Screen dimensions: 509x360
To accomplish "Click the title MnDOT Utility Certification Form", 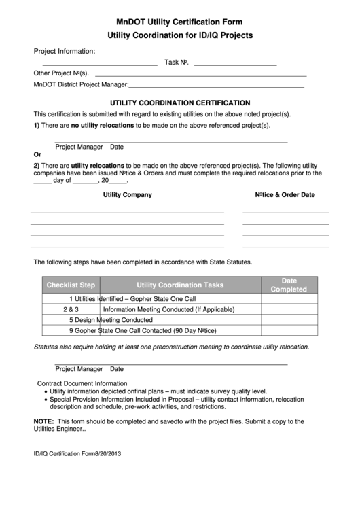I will pyautogui.click(x=179, y=22).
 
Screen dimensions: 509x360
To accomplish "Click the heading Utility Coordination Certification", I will pyautogui.click(x=179, y=102).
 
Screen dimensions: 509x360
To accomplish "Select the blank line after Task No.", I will pyautogui.click(x=235, y=63).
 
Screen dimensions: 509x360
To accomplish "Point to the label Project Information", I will pyautogui.click(x=65, y=51).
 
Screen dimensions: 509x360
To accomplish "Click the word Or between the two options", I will pyautogui.click(x=37, y=154).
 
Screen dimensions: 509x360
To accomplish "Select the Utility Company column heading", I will pyautogui.click(x=127, y=195).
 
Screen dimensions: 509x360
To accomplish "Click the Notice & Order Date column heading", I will pyautogui.click(x=285, y=195).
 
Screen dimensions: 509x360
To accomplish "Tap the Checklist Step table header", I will pyautogui.click(x=71, y=285).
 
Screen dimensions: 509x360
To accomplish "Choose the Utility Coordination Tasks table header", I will pyautogui.click(x=180, y=285).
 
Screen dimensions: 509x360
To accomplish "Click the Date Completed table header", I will pyautogui.click(x=289, y=285).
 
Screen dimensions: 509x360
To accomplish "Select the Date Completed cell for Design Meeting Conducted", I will pyautogui.click(x=289, y=320).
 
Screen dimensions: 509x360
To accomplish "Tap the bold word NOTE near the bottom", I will pyautogui.click(x=43, y=421).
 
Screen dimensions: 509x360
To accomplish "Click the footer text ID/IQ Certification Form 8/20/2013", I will pyautogui.click(x=77, y=454).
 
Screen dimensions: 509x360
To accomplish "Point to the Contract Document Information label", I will pyautogui.click(x=82, y=383).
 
